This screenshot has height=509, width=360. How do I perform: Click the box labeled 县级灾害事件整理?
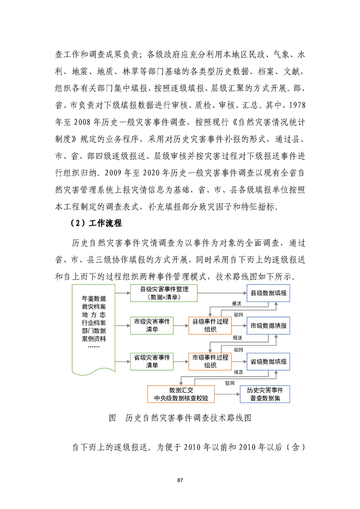pos(164,294)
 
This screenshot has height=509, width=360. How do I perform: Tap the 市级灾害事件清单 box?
pos(152,325)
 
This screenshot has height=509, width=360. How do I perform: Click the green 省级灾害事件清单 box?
pos(152,361)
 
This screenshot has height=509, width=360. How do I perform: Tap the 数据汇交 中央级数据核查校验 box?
pos(181,394)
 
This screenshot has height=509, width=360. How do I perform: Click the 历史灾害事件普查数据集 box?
pos(265,394)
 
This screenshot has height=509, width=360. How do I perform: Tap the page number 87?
pos(180,480)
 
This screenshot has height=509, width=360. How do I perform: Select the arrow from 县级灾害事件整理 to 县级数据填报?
pos(222,294)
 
